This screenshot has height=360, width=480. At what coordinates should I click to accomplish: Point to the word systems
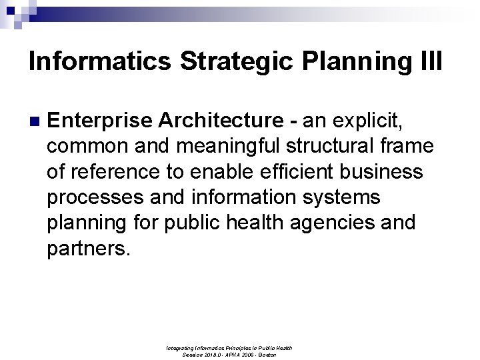point(355,197)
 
